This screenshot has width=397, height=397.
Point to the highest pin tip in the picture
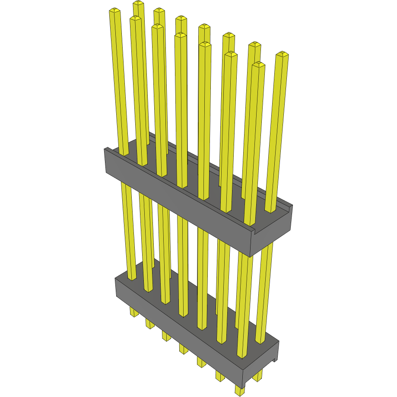click(138, 3)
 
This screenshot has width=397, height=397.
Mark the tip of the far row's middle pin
click(204, 27)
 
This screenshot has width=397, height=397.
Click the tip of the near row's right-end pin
click(258, 65)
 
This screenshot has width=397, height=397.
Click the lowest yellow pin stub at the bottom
click(239, 391)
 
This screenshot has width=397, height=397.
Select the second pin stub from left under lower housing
click(149, 324)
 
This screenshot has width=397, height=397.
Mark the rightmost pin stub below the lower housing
click(258, 376)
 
